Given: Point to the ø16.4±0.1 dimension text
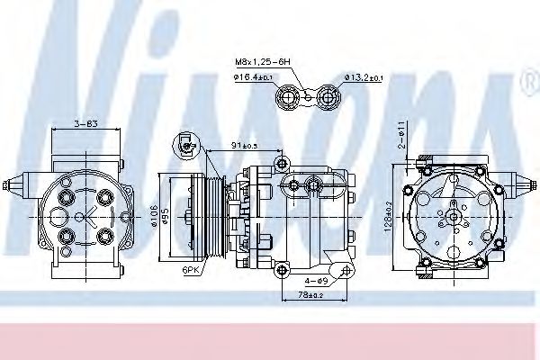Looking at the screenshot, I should (x=254, y=78).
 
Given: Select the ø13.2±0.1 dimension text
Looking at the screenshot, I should (x=364, y=78).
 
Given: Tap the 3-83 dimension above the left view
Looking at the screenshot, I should (x=86, y=122).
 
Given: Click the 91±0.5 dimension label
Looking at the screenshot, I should (x=243, y=145).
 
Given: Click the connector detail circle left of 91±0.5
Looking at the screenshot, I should (x=187, y=143).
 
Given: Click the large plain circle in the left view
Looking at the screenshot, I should (x=58, y=217).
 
